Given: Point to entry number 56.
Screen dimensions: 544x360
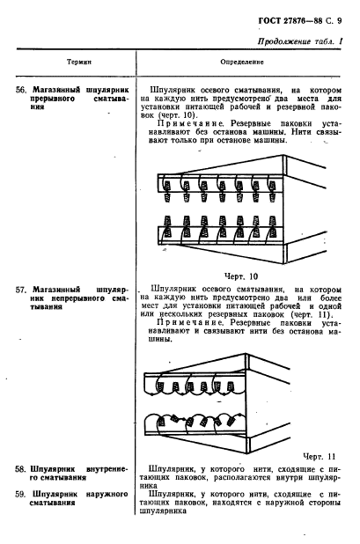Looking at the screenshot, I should pyautogui.click(x=24, y=90).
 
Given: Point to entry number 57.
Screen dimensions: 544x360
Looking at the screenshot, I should pyautogui.click(x=24, y=288).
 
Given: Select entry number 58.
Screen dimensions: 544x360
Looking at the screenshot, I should pyautogui.click(x=24, y=484).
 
